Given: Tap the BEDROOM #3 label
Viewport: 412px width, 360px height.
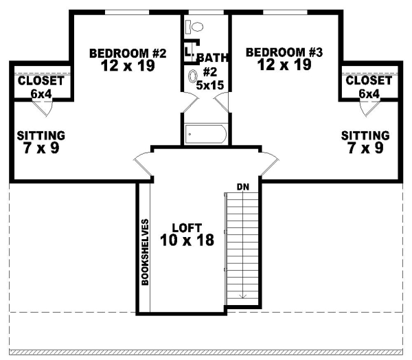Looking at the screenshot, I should (284, 52).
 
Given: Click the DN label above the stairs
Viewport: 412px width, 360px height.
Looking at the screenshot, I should (242, 186).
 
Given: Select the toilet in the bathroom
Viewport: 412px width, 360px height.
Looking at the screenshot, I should (196, 27).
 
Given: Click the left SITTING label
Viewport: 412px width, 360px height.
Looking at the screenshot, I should (41, 135).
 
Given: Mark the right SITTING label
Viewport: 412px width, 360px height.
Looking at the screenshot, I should (365, 135).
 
